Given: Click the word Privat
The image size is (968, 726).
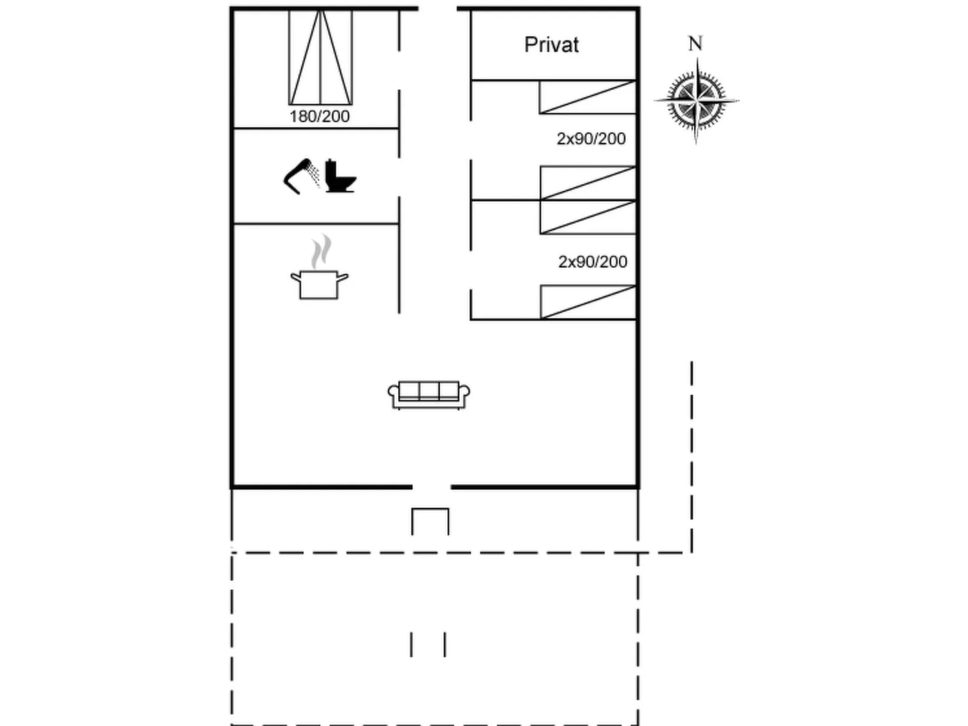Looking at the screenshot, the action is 552,45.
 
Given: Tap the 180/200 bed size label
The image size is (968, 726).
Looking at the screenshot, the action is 319,116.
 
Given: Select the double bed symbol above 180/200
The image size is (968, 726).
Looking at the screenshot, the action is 321,57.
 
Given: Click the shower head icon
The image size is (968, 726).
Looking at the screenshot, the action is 302,176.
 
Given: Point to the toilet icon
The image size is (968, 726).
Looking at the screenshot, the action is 341,176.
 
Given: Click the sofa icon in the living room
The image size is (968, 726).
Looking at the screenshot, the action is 429,395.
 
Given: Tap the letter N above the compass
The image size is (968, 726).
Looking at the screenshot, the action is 696,43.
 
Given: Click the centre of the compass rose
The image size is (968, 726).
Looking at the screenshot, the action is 696,101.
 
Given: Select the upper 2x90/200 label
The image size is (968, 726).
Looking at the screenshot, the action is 591,139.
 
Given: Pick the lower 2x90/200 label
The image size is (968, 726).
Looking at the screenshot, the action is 592,262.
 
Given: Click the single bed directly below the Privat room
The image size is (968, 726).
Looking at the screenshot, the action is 588,97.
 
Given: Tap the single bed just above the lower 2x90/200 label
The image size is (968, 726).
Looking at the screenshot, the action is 588,217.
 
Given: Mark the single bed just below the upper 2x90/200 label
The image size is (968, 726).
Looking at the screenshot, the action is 588,183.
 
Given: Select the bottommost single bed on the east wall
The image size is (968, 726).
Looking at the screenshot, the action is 588,302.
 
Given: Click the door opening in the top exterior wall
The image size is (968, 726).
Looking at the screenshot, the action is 438,8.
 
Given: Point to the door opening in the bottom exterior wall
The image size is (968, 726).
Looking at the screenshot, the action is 432,487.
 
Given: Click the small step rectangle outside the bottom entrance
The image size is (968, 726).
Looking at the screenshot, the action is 430,522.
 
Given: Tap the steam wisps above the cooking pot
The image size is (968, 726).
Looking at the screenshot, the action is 321,251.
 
